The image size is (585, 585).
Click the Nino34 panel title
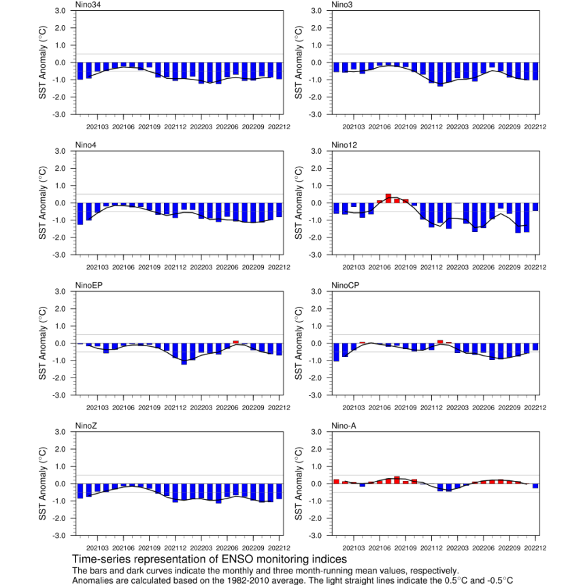[88, 5]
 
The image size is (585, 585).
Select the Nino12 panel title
[344, 145]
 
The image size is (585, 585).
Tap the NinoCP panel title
[345, 286]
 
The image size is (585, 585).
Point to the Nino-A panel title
[344, 426]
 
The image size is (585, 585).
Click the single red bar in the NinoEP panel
[236, 341]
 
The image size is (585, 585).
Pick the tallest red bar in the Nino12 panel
[388, 199]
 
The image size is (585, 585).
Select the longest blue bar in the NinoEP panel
[184, 354]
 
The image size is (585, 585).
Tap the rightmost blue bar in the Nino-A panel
[535, 486]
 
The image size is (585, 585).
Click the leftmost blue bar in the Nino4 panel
[80, 214]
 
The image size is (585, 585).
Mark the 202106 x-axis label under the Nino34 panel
[123, 127]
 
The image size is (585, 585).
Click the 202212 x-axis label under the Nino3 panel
[535, 127]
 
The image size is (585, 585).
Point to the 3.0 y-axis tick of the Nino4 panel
[60, 151]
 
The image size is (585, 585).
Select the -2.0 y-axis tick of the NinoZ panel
[58, 518]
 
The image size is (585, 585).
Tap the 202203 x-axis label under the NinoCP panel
[457, 407]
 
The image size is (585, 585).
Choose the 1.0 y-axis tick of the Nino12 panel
[316, 186]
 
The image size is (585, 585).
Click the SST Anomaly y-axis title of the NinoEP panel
[42, 344]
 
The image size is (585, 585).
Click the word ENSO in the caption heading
[237, 559]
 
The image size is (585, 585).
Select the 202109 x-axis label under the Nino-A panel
[405, 548]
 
